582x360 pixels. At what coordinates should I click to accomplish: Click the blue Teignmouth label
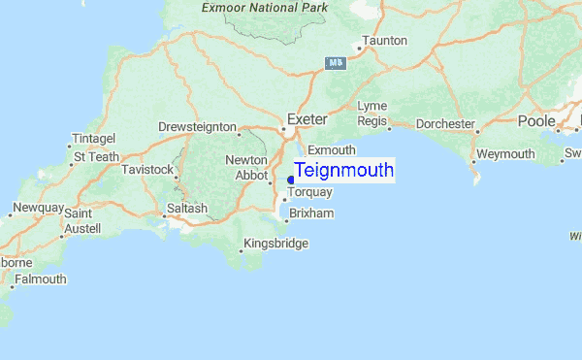tap(343, 171)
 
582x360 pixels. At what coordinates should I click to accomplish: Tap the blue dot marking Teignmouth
tap(291, 180)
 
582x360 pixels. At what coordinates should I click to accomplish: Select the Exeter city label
tap(307, 119)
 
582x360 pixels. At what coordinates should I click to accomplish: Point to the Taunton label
tap(384, 41)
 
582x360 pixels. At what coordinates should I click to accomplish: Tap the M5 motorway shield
tap(335, 62)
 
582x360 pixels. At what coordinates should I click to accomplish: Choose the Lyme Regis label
tap(372, 113)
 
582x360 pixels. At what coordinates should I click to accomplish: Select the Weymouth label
tap(504, 154)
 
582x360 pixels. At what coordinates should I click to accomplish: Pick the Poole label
tap(535, 120)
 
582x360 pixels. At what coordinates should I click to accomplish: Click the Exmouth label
tap(331, 150)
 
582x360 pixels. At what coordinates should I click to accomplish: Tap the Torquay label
tap(309, 193)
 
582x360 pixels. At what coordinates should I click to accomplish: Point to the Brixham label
tap(311, 213)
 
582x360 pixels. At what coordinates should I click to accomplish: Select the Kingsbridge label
tap(275, 244)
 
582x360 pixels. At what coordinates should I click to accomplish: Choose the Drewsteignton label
tap(198, 127)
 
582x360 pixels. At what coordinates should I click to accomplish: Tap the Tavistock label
tap(147, 170)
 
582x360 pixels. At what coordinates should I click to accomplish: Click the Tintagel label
tap(94, 139)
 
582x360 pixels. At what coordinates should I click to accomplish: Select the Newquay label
tap(37, 209)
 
